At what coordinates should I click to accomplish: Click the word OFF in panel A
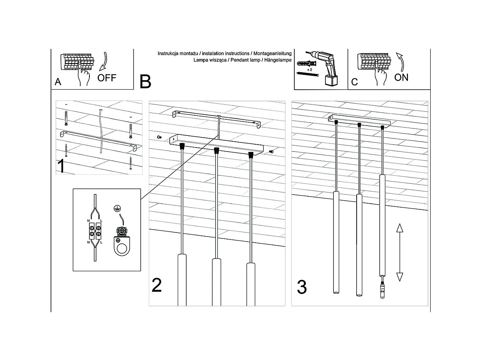coord(107,78)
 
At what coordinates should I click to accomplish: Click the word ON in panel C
coord(401,77)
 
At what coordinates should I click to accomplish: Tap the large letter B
coord(145,82)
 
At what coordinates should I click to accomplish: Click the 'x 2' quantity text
coord(309,69)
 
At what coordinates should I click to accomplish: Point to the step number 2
coord(157,285)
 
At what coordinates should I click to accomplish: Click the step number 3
coord(302,287)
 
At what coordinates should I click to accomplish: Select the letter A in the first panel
coord(58,82)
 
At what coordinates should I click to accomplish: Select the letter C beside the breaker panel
coord(354,82)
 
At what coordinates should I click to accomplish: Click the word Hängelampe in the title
coord(279,59)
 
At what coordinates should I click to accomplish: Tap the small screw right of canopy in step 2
coord(272,151)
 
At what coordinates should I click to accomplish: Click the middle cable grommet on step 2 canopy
coord(216,150)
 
